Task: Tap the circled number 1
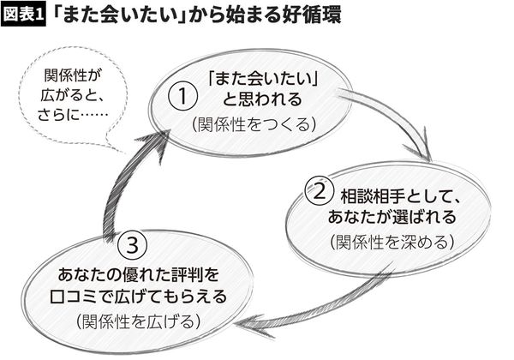point(179,98)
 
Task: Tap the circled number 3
point(131,246)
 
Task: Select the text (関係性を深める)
point(391,242)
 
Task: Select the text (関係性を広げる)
point(137,321)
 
